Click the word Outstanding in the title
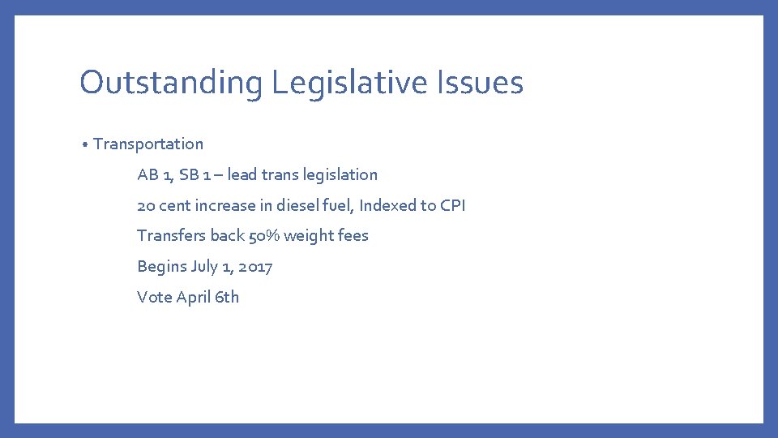[170, 83]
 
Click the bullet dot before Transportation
[85, 145]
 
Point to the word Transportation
[148, 144]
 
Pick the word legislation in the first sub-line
[340, 174]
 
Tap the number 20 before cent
[146, 205]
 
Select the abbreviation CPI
[452, 205]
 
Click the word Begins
[161, 267]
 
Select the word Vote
[154, 297]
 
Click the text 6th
[227, 297]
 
